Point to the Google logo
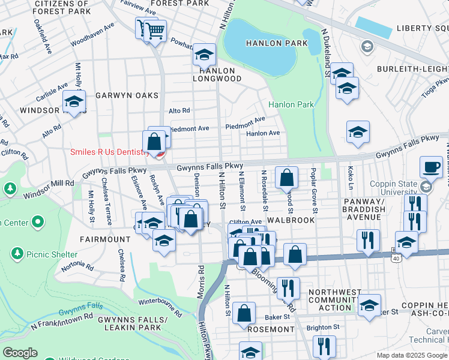coord(20,353)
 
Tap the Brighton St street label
coord(323,328)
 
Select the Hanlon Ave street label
coord(263,133)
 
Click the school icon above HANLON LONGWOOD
coord(204,56)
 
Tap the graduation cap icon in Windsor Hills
coord(74,101)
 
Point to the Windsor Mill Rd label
coord(47,189)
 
